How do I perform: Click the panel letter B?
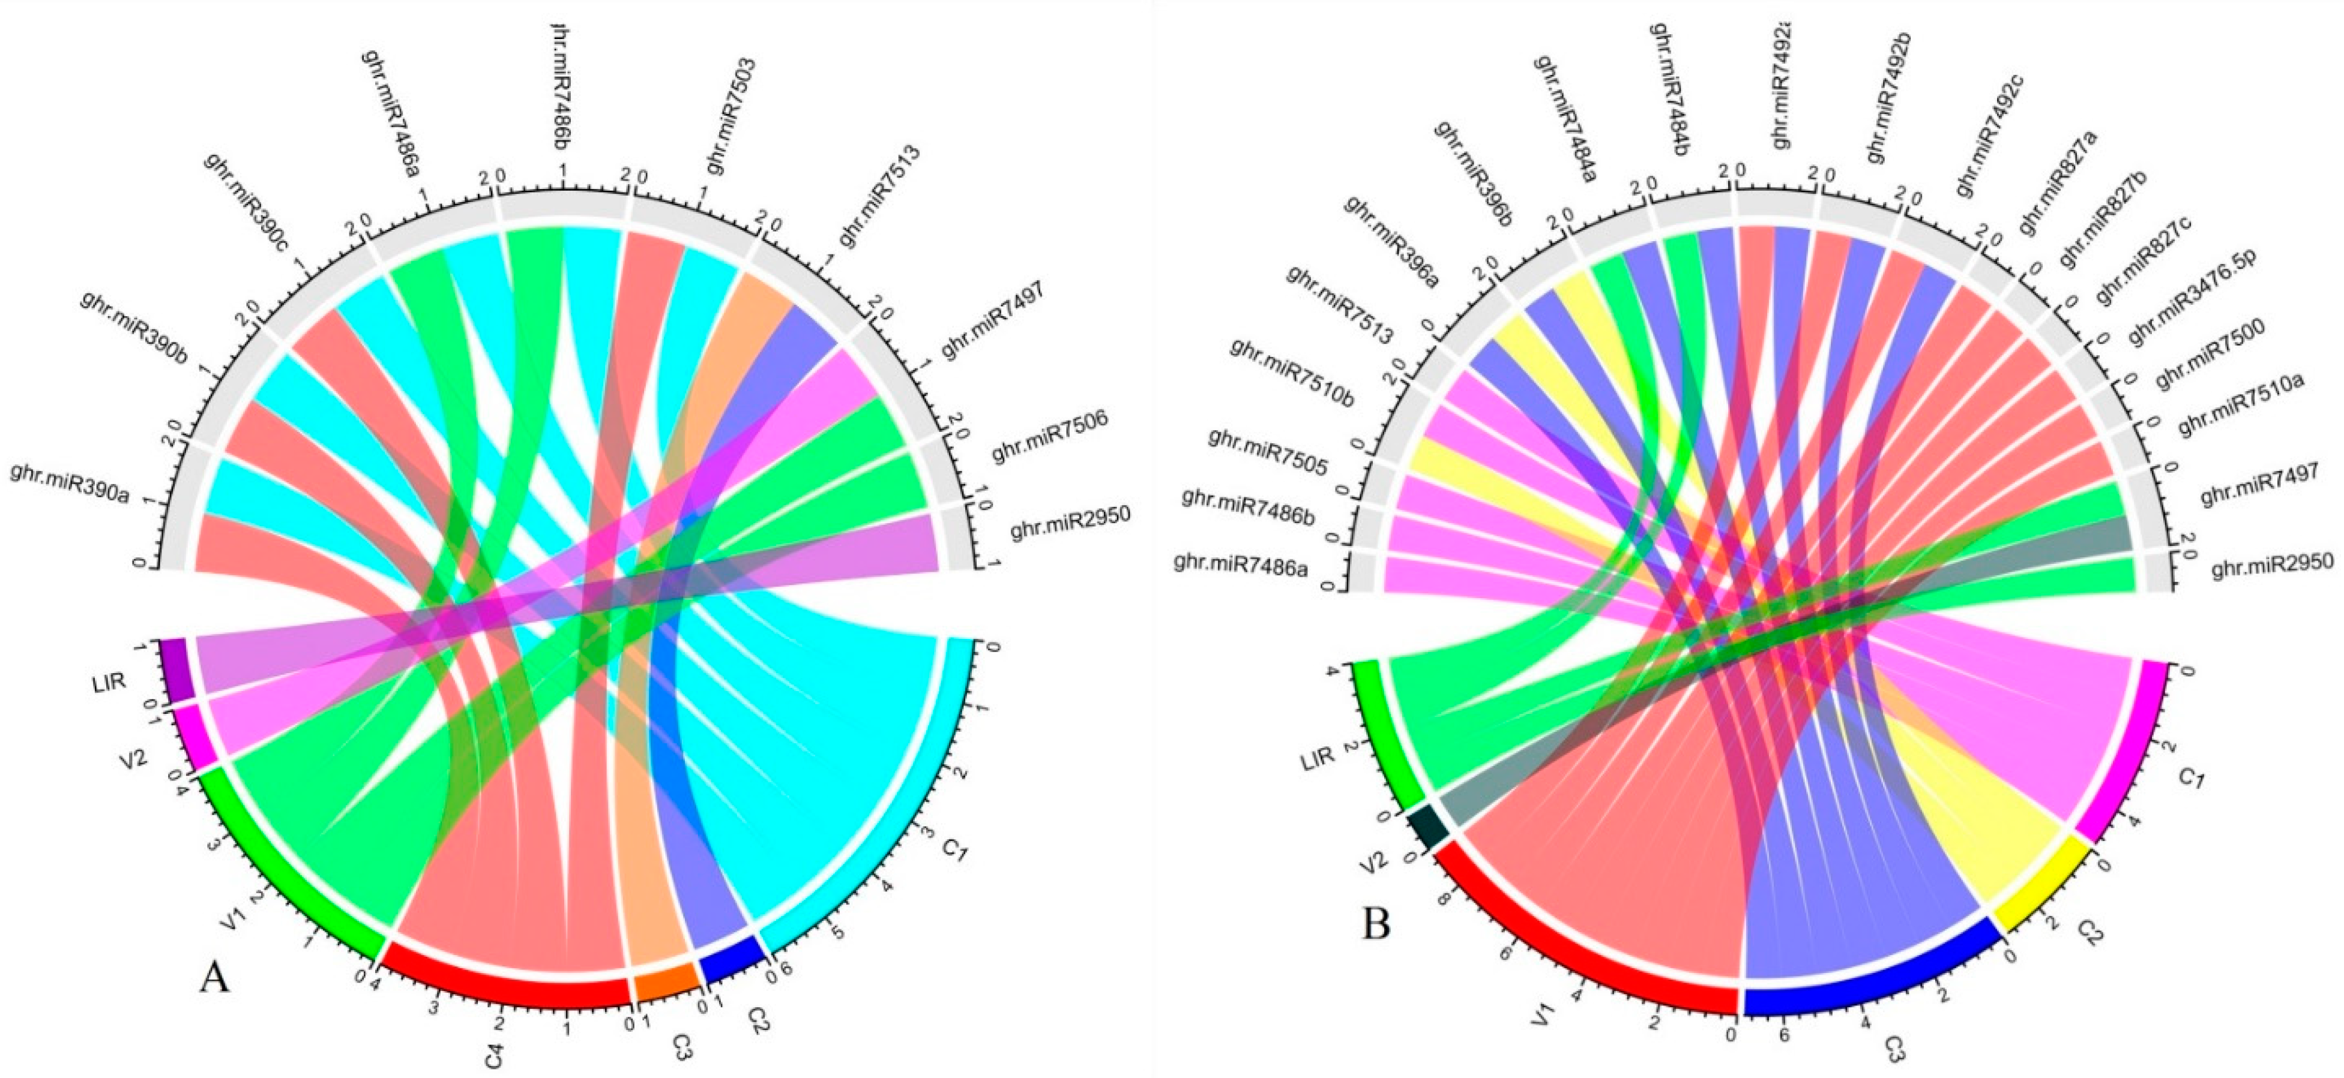1376,924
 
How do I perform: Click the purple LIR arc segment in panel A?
176,669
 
